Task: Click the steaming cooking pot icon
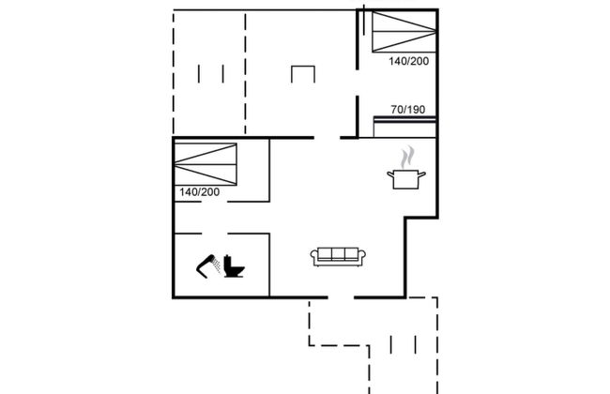pos(405,177)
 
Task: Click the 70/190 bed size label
pos(408,109)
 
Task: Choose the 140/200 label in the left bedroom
pos(199,192)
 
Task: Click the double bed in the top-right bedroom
pos(402,33)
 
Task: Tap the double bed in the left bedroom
pos(206,164)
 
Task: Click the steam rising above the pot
pos(406,155)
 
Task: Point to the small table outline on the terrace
pos(303,75)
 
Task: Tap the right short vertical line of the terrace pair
pos(222,74)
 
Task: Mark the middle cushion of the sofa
pos(340,253)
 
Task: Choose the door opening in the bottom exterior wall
pos(340,297)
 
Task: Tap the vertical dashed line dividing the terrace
pos(247,75)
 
